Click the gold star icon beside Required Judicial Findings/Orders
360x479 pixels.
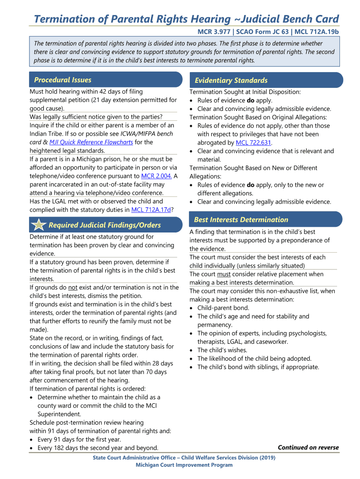[x=37, y=225]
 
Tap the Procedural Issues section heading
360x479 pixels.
[x=63, y=80]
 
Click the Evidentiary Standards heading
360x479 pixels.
[x=231, y=80]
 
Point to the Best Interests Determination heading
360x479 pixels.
[x=241, y=219]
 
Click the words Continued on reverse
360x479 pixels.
[x=308, y=447]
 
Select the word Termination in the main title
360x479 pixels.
[x=63, y=19]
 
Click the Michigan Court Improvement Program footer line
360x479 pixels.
[x=184, y=465]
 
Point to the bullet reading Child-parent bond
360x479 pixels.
[x=223, y=308]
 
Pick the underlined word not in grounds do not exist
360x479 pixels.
[x=73, y=287]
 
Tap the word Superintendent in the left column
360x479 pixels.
[x=59, y=414]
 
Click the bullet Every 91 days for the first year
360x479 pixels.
[x=79, y=439]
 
